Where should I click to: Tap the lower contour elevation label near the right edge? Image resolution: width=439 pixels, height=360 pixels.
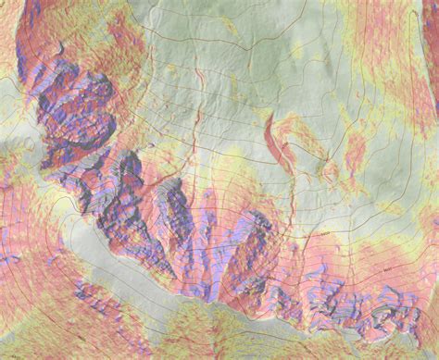[374, 267]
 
